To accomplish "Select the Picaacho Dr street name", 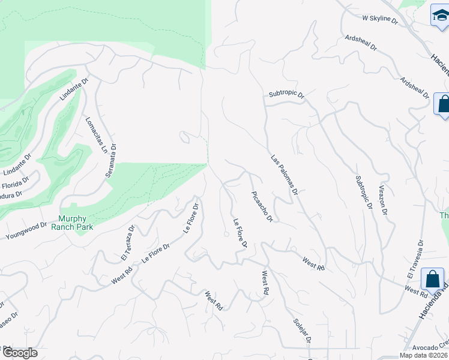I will point(262,207).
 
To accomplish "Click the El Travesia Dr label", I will point(415,259).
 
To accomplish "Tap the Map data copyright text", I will point(424,355).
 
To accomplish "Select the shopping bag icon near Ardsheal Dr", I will point(444,103).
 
